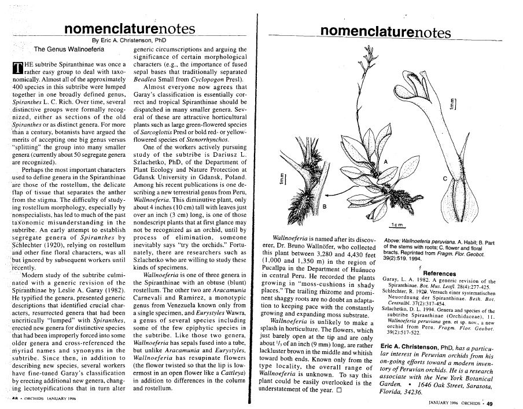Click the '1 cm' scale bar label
coord(397,224)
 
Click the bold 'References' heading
coord(440,273)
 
